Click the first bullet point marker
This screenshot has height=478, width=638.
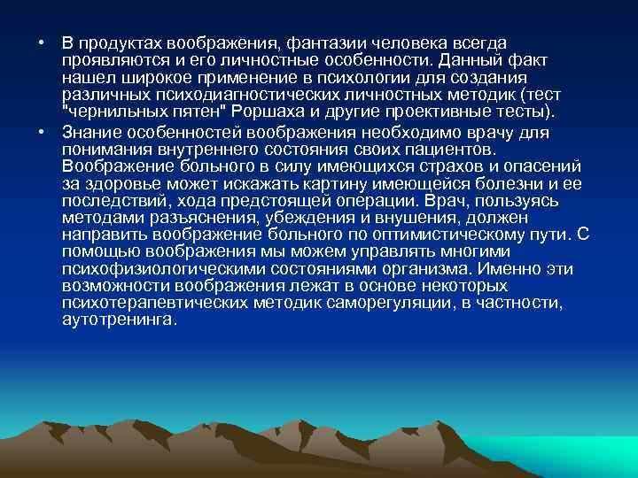tap(29, 42)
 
